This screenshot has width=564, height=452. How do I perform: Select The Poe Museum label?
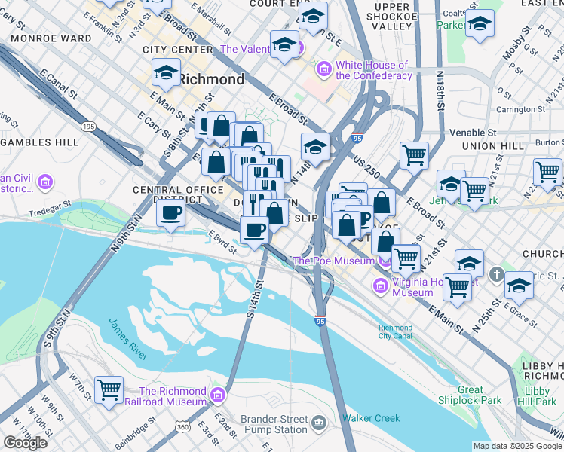pyautogui.click(x=333, y=261)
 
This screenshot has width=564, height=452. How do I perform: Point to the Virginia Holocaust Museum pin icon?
pyautogui.click(x=380, y=285)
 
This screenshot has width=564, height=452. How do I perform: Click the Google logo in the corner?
pyautogui.click(x=25, y=443)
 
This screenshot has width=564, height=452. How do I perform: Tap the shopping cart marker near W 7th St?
pyautogui.click(x=109, y=390)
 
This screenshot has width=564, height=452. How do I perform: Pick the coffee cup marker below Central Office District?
pyautogui.click(x=171, y=213)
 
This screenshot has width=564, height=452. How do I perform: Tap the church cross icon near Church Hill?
pyautogui.click(x=497, y=273)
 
